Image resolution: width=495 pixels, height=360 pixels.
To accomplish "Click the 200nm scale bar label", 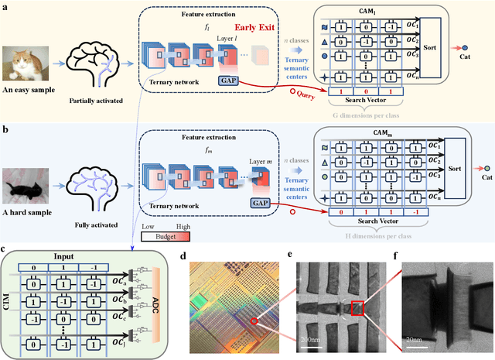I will (309, 338).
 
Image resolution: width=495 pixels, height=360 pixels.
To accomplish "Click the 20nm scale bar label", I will (413, 338).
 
